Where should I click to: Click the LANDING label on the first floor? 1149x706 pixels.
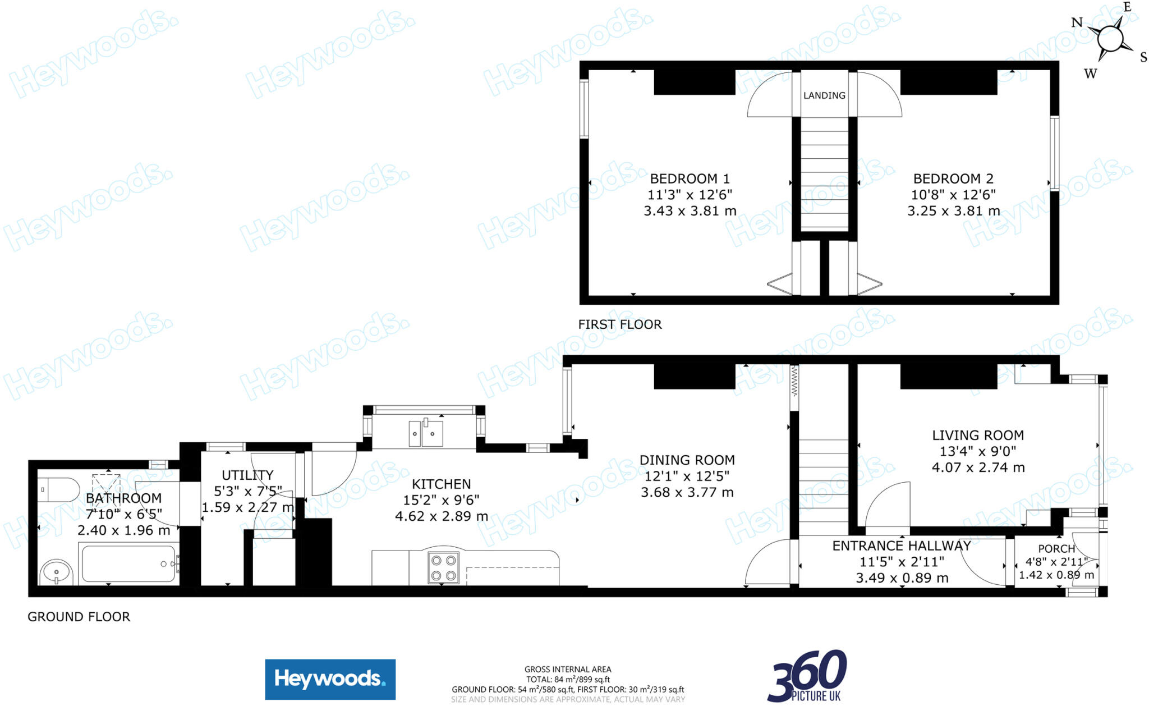click(824, 95)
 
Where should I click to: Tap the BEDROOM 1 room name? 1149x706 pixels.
click(690, 179)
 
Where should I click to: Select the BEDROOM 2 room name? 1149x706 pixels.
click(953, 179)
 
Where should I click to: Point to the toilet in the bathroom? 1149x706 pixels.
click(59, 490)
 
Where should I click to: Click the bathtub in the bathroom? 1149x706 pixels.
click(128, 564)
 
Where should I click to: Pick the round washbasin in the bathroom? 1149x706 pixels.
click(56, 572)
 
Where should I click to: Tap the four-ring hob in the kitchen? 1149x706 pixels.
click(443, 567)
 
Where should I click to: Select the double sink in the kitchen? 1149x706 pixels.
click(426, 434)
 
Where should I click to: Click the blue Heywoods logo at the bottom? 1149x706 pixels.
click(330, 679)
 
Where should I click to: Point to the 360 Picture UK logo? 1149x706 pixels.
click(807, 676)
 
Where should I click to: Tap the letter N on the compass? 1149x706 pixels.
click(1077, 23)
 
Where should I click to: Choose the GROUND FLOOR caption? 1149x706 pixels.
click(79, 617)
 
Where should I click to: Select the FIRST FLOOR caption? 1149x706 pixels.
click(620, 324)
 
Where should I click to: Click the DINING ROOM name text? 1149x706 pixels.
click(687, 460)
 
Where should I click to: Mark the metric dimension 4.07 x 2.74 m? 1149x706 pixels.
click(978, 467)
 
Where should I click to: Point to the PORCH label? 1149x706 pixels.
click(1056, 549)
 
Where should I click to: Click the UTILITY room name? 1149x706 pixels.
click(247, 475)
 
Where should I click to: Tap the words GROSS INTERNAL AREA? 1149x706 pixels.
click(568, 669)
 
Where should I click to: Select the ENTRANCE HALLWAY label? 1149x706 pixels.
click(901, 546)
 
